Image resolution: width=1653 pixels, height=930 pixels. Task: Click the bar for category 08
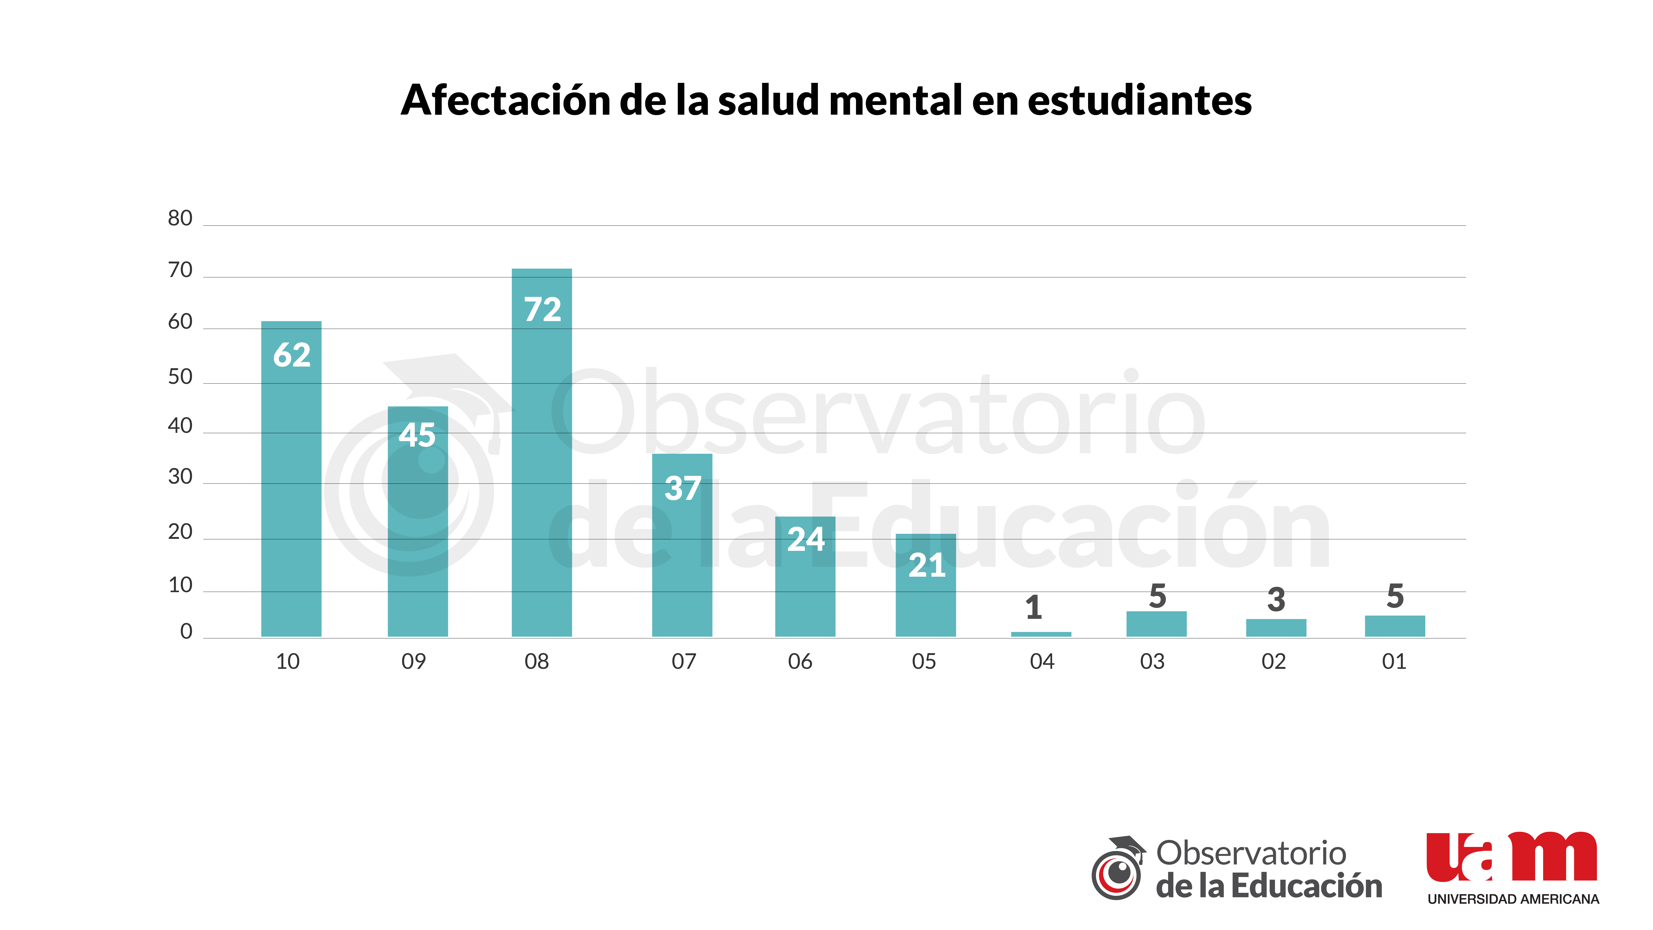coord(542,452)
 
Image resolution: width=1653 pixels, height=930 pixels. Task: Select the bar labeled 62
coord(291,479)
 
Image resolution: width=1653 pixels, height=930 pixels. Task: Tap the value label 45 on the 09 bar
coord(417,435)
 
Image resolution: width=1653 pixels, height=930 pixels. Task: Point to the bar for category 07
coord(682,545)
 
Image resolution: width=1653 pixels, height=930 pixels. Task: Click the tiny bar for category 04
coord(1041,634)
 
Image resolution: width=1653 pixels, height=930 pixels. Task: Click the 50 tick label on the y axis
coord(180,377)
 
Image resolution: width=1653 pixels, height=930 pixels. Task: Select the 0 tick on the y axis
coord(186,632)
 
